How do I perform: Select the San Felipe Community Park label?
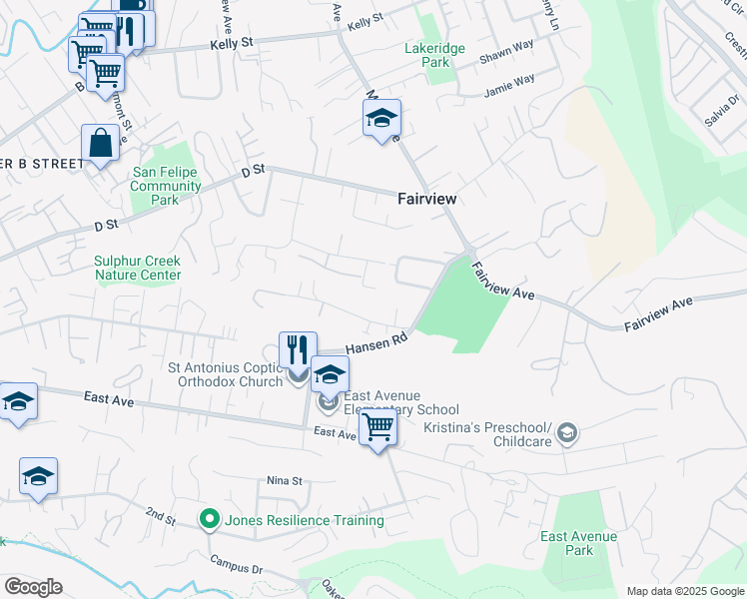pos(166,186)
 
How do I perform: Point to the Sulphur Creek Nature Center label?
pos(138,268)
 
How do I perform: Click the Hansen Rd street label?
pos(378,343)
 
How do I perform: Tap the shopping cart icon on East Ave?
pos(377,427)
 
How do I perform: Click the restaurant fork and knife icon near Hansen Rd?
pos(298,349)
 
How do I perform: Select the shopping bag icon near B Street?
pos(101,143)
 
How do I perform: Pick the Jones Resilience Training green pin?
pos(209,519)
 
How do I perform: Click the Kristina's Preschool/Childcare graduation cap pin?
pos(567,431)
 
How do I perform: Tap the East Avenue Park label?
pos(579,543)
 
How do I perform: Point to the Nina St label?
pos(284,480)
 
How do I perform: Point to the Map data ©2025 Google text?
pos(685,591)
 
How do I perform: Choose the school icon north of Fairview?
pos(381,120)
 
